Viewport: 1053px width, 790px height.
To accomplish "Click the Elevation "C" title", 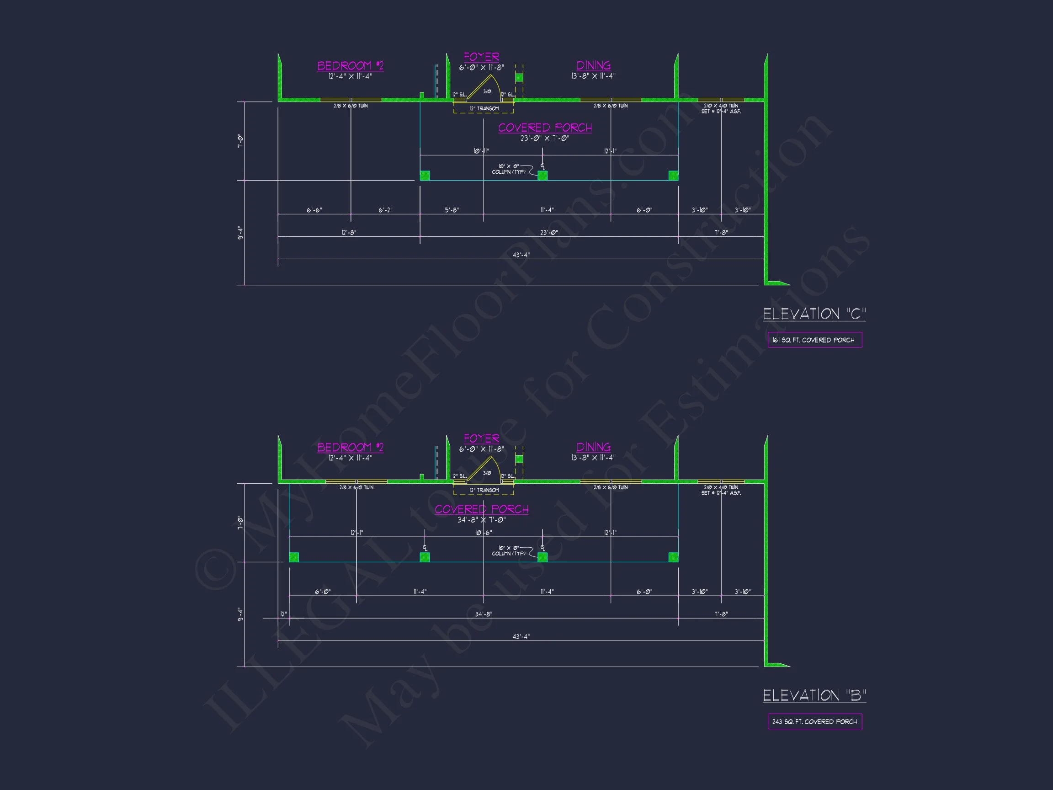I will point(814,314).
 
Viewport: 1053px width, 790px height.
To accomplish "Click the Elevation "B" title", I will point(814,695).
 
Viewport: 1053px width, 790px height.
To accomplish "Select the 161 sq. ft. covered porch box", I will point(814,340).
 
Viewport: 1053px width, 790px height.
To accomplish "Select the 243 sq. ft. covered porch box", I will point(814,721).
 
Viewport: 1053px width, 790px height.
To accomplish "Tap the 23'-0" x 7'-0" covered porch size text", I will point(545,139).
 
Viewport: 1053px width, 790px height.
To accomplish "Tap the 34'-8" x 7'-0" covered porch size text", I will point(481,520).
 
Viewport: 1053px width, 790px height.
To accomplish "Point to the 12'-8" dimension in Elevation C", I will point(349,232).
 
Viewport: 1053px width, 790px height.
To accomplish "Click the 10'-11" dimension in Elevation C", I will point(481,151).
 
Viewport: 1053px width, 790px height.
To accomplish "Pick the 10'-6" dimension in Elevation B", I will point(483,533).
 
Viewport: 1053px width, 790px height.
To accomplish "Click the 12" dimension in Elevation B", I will point(283,614).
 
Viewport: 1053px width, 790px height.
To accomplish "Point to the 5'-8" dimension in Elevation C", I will point(452,210).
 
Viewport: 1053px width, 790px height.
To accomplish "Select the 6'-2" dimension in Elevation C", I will point(385,210).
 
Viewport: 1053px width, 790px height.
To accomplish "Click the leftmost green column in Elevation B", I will point(294,557).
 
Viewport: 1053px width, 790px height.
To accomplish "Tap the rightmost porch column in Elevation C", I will point(673,176).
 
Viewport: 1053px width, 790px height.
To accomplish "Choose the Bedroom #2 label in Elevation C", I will point(350,66).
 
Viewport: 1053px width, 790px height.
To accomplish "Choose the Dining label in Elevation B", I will point(593,447).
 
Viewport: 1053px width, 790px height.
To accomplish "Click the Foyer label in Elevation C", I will point(481,57).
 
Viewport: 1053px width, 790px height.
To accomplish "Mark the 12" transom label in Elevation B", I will point(484,490).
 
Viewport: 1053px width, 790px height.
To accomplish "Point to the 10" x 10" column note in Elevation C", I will point(508,169).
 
